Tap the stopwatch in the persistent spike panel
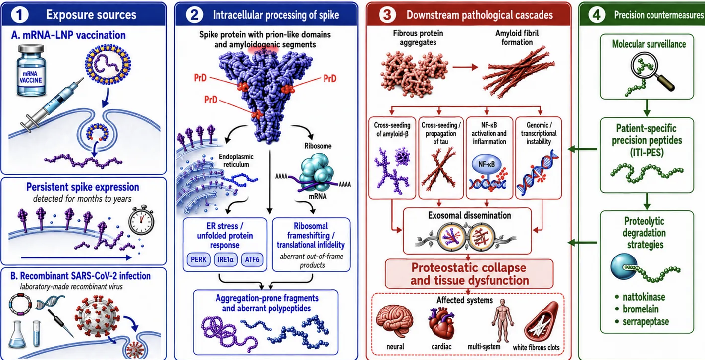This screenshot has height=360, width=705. pos(141,220)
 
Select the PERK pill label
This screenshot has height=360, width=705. pos(198,259)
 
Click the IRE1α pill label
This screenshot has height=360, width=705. pos(225,259)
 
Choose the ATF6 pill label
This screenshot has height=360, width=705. pos(252,259)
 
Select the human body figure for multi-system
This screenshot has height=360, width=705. pos(503,320)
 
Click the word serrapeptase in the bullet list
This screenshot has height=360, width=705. pos(646,321)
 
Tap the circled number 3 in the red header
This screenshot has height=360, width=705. pos(387,15)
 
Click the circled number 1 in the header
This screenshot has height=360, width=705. pos(19,15)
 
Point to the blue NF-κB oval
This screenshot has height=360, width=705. pos(487,164)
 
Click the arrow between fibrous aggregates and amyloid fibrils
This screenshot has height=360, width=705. pos(465,67)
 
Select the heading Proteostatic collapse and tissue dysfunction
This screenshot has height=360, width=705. pos(469,274)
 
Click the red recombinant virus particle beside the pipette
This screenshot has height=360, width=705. pos(98,316)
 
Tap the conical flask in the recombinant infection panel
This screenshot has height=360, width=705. pos(17,335)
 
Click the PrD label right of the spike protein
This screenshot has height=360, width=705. pos(330,78)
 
